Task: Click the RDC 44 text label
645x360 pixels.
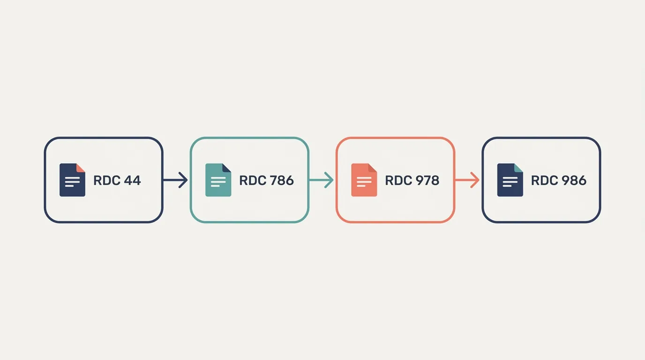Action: coord(117,180)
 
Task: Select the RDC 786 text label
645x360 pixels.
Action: coord(266,180)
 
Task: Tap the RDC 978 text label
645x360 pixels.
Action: coord(412,180)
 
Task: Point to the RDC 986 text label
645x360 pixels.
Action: coord(559,180)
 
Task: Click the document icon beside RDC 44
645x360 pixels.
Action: coord(72,180)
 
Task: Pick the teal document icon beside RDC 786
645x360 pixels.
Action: coord(218,180)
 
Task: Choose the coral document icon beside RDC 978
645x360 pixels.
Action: coord(364,180)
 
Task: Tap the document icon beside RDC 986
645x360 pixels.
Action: coord(510,180)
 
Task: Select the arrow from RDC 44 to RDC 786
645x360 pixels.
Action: coord(175,180)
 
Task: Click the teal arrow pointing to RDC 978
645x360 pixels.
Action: coord(322,180)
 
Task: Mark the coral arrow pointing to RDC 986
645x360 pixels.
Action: coord(467,180)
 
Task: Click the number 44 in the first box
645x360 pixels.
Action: coord(132,180)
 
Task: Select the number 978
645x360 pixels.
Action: coord(427,180)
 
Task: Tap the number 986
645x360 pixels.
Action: coord(574,180)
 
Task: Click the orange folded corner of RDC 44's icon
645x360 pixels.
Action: coord(80,168)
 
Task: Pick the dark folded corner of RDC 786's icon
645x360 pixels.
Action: coord(226,168)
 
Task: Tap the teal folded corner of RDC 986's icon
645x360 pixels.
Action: coord(518,168)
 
